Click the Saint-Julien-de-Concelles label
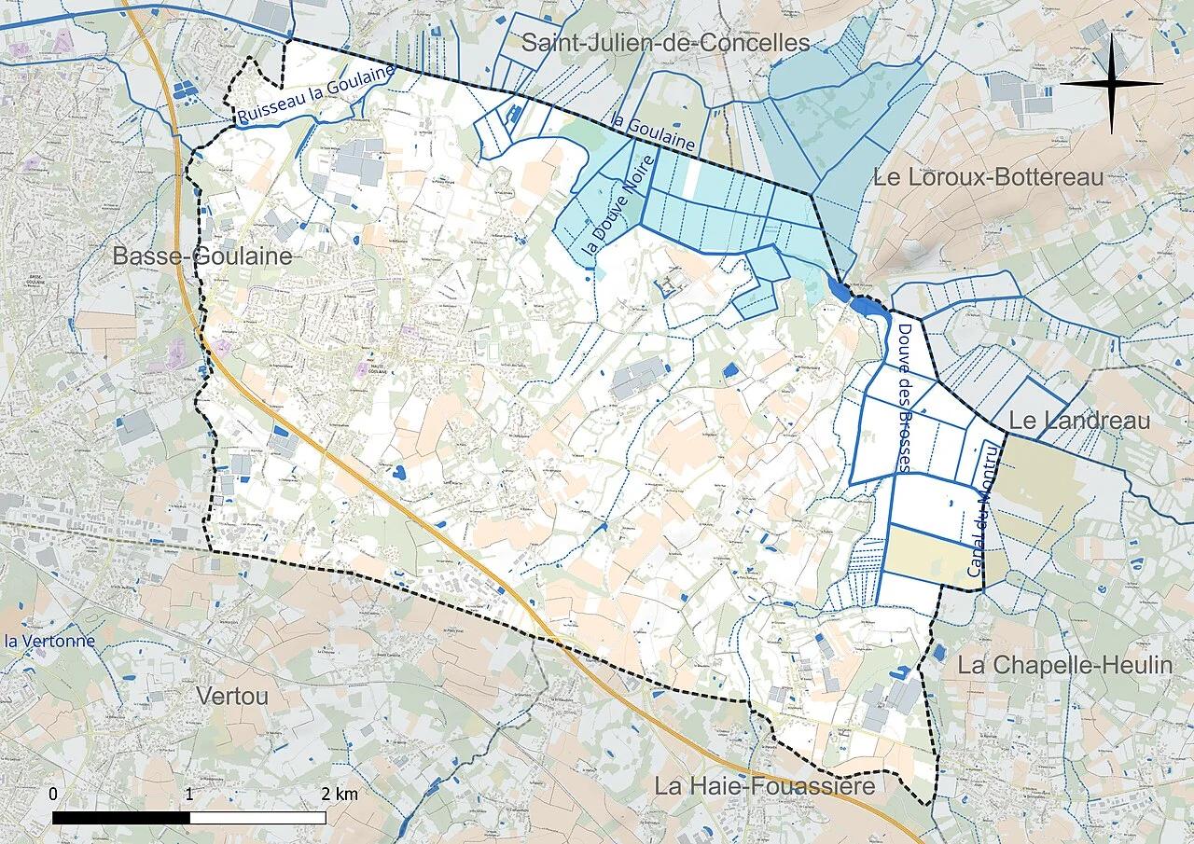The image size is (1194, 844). click(665, 43)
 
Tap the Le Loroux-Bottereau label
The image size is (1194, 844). click(988, 177)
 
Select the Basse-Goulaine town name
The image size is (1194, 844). click(202, 256)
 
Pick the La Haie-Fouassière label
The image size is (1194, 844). click(764, 786)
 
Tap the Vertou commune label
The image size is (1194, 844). click(232, 696)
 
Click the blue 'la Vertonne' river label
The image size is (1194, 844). click(49, 641)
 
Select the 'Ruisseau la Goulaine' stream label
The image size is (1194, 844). click(315, 94)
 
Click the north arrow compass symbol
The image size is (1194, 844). click(1111, 83)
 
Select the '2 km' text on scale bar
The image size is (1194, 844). click(340, 795)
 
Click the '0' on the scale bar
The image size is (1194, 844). click(53, 795)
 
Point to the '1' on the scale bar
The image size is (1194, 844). click(189, 795)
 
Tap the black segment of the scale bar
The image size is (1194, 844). click(121, 817)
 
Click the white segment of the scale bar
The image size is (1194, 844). click(257, 817)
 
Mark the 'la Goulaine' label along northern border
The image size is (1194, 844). click(653, 132)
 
